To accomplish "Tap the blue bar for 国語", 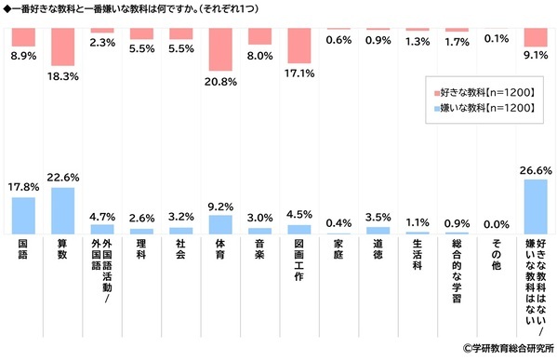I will point(23,215).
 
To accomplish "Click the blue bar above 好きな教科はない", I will point(535,207).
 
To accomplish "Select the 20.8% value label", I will point(220,82).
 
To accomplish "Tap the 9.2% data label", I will point(220,207).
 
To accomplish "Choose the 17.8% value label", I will point(23,186).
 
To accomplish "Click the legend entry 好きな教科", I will point(483,92).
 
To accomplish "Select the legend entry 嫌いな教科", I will point(483,109).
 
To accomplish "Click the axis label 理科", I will point(141,251).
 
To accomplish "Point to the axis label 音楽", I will point(259,251).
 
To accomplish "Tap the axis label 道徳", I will point(378,251).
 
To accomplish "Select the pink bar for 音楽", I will point(259,36).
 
